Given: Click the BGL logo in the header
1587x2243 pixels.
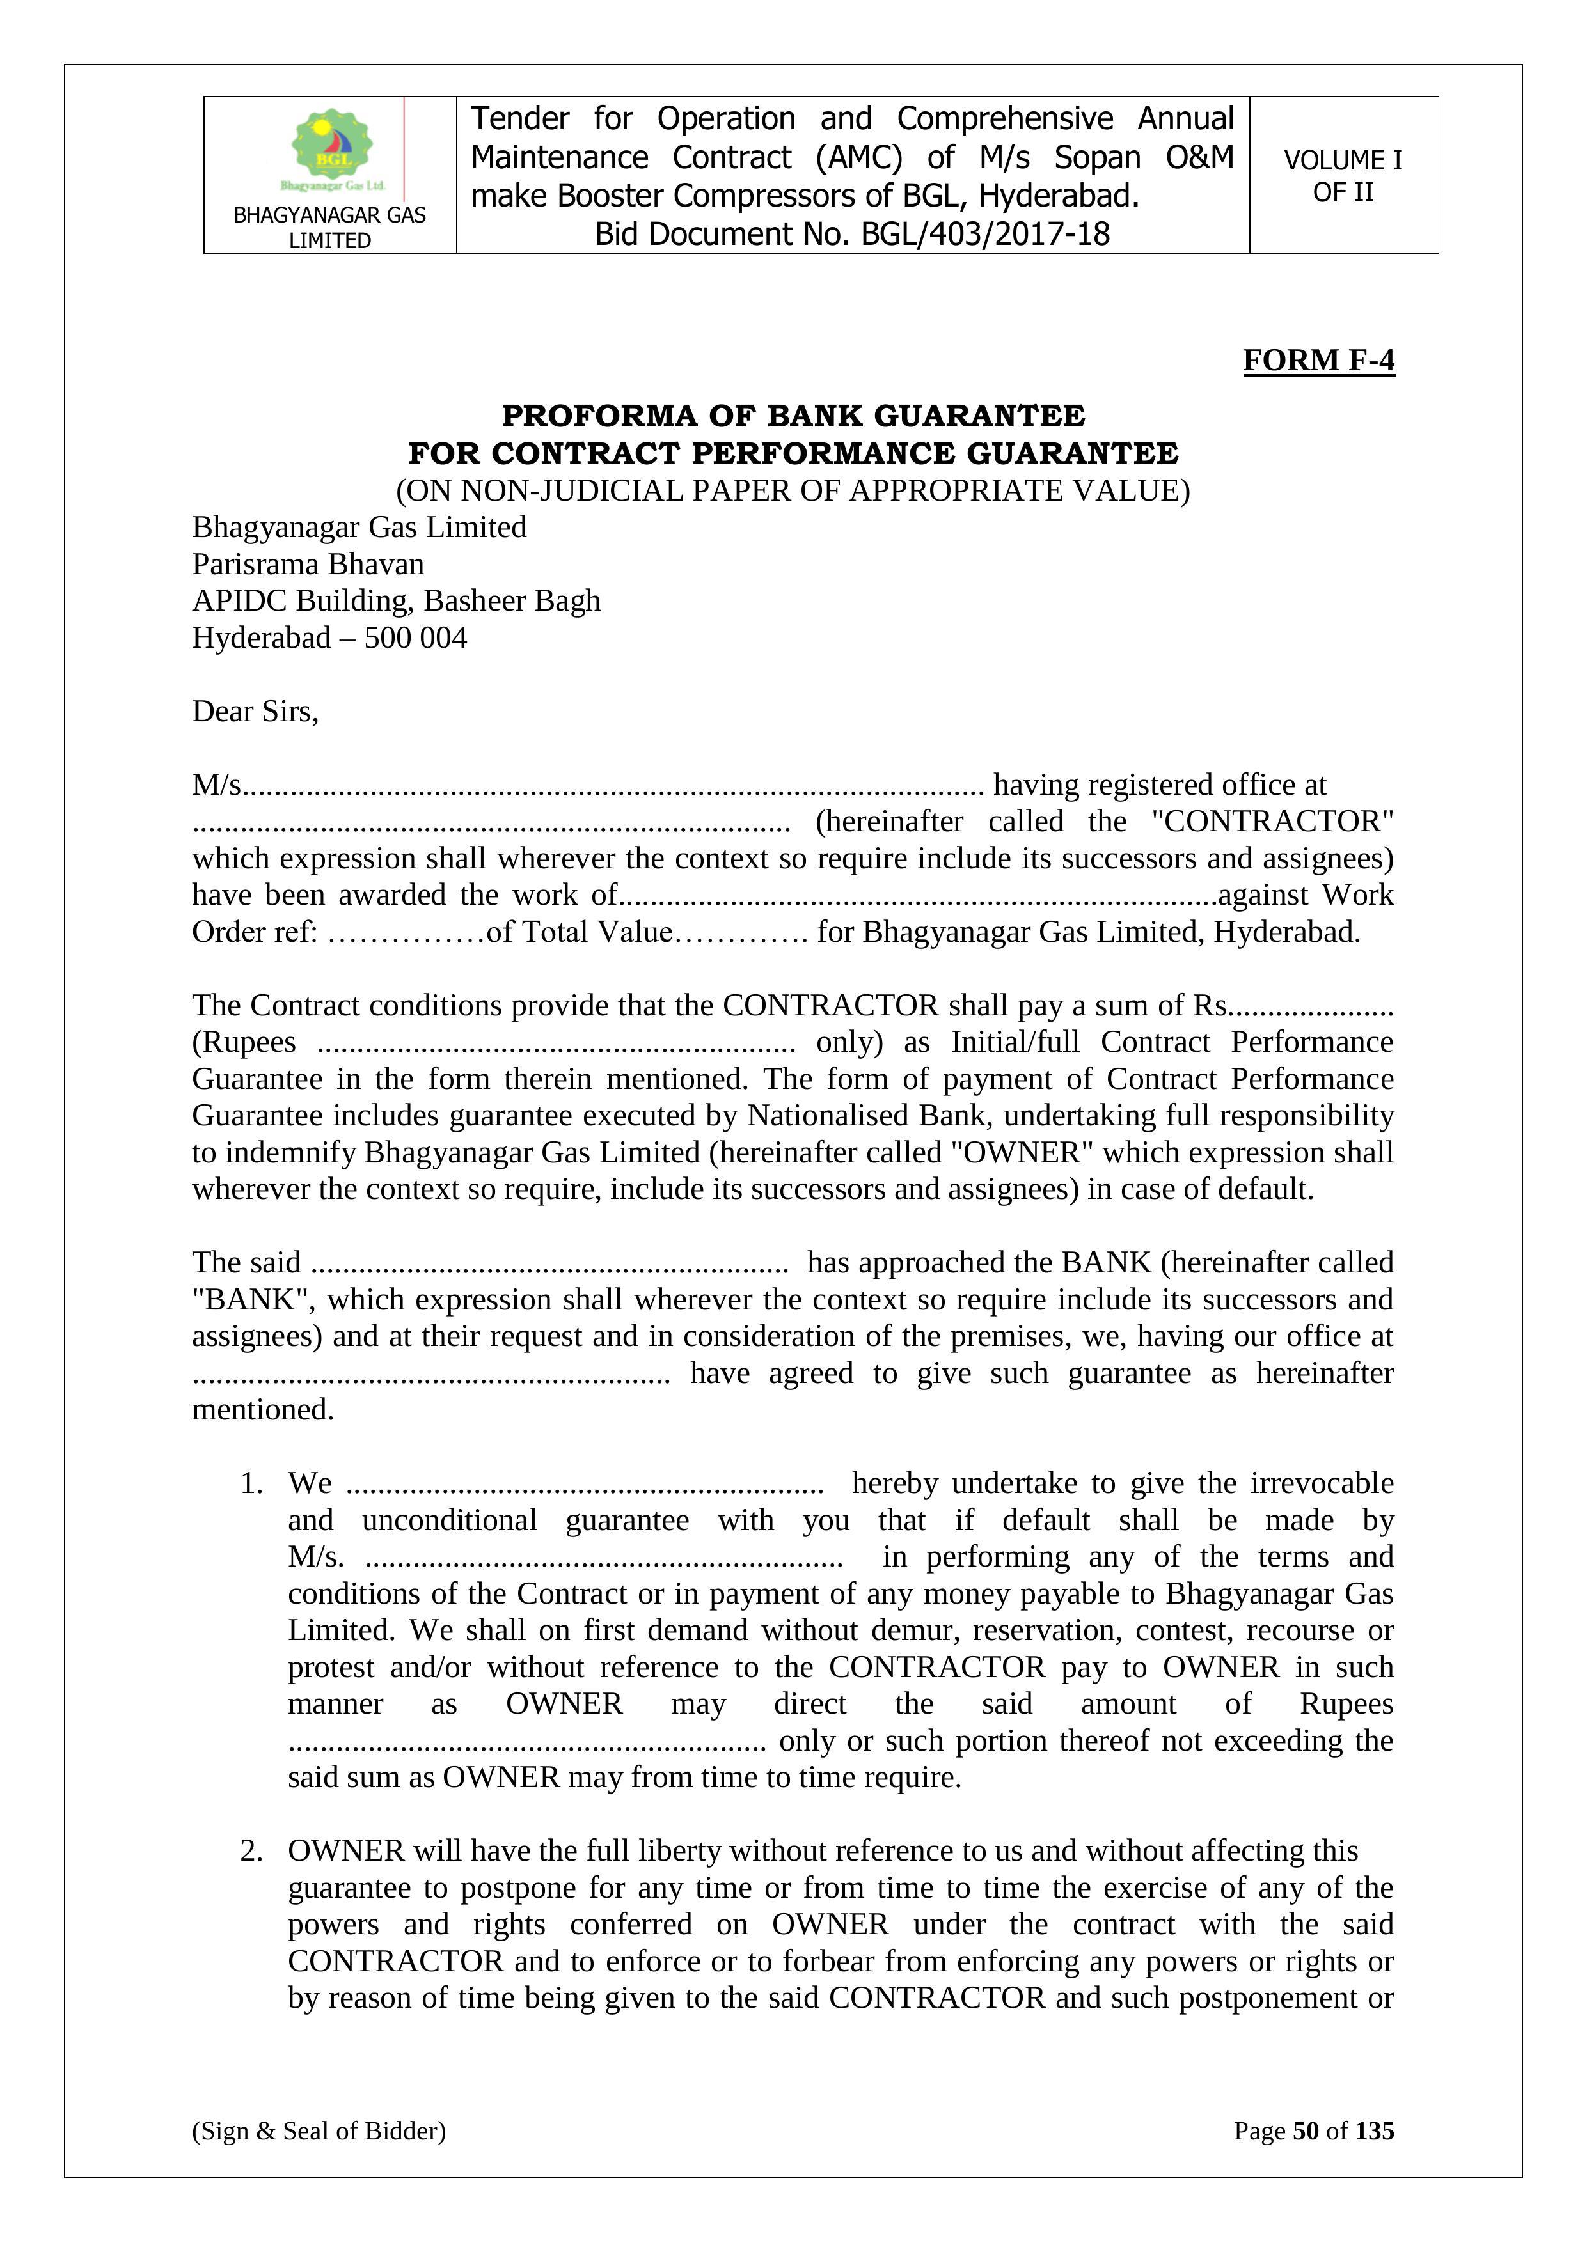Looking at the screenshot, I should click(332, 148).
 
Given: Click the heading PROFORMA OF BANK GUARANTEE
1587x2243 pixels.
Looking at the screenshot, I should click(793, 416).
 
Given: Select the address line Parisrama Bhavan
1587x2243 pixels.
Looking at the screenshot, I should click(308, 565).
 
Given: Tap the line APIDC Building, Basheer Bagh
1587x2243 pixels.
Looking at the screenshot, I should click(396, 601).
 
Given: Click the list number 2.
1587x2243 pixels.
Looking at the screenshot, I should click(251, 1851).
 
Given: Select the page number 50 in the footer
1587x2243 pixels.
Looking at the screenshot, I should click(1306, 2130).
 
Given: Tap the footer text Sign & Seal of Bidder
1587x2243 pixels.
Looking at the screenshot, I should click(319, 2130).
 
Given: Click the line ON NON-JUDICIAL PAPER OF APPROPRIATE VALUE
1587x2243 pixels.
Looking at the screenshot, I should click(793, 490).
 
